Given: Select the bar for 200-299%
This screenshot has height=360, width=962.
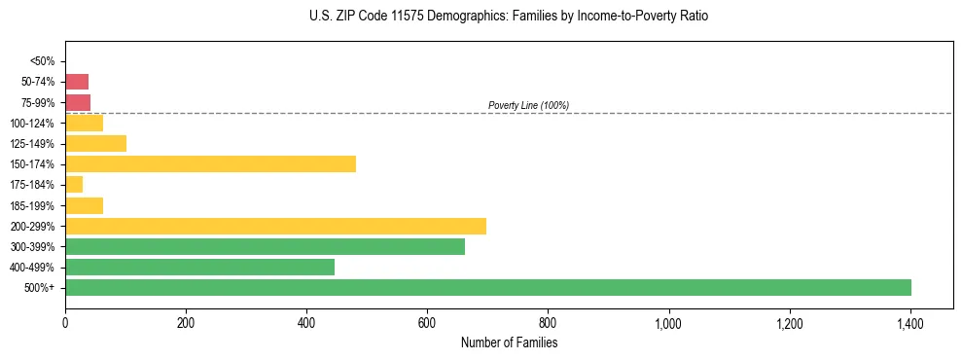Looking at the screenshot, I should pyautogui.click(x=275, y=226).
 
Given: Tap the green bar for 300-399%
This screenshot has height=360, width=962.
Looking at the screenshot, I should pyautogui.click(x=265, y=247).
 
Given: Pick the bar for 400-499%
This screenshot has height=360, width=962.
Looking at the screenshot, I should pyautogui.click(x=199, y=268).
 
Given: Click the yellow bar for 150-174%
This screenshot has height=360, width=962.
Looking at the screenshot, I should pyautogui.click(x=210, y=164).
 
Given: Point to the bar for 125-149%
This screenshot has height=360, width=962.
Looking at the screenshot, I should pyautogui.click(x=95, y=144).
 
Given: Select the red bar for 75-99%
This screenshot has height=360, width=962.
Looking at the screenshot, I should pyautogui.click(x=78, y=102).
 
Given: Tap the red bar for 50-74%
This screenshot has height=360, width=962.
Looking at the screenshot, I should pyautogui.click(x=77, y=82).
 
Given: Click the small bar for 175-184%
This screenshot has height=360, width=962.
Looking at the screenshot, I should pyautogui.click(x=74, y=185).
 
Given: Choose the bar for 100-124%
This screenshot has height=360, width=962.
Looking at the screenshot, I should pyautogui.click(x=84, y=124).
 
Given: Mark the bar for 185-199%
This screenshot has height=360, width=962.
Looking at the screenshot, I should pyautogui.click(x=84, y=205).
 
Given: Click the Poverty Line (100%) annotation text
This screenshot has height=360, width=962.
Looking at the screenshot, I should pyautogui.click(x=528, y=105).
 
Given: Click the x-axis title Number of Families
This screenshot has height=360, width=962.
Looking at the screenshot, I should pyautogui.click(x=509, y=343).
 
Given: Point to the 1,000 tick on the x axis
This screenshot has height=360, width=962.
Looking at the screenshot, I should pyautogui.click(x=668, y=323).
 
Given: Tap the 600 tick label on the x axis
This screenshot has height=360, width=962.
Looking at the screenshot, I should pyautogui.click(x=427, y=323).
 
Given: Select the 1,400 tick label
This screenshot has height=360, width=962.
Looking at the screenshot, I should pyautogui.click(x=909, y=323).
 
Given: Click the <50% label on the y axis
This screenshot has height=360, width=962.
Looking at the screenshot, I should pyautogui.click(x=43, y=61).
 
